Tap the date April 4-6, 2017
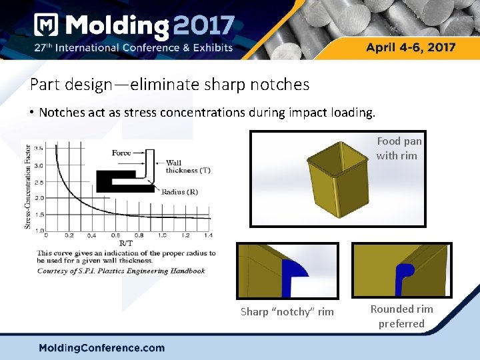pyautogui.click(x=411, y=47)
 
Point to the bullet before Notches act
pyautogui.click(x=31, y=112)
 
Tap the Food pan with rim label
pyautogui.click(x=399, y=148)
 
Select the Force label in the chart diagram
pyautogui.click(x=121, y=153)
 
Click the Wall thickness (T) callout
pyautogui.click(x=187, y=167)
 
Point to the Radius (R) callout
pyautogui.click(x=179, y=191)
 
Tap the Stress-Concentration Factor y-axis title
pyautogui.click(x=28, y=187)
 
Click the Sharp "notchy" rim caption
pyautogui.click(x=287, y=312)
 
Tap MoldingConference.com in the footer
pyautogui.click(x=101, y=347)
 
